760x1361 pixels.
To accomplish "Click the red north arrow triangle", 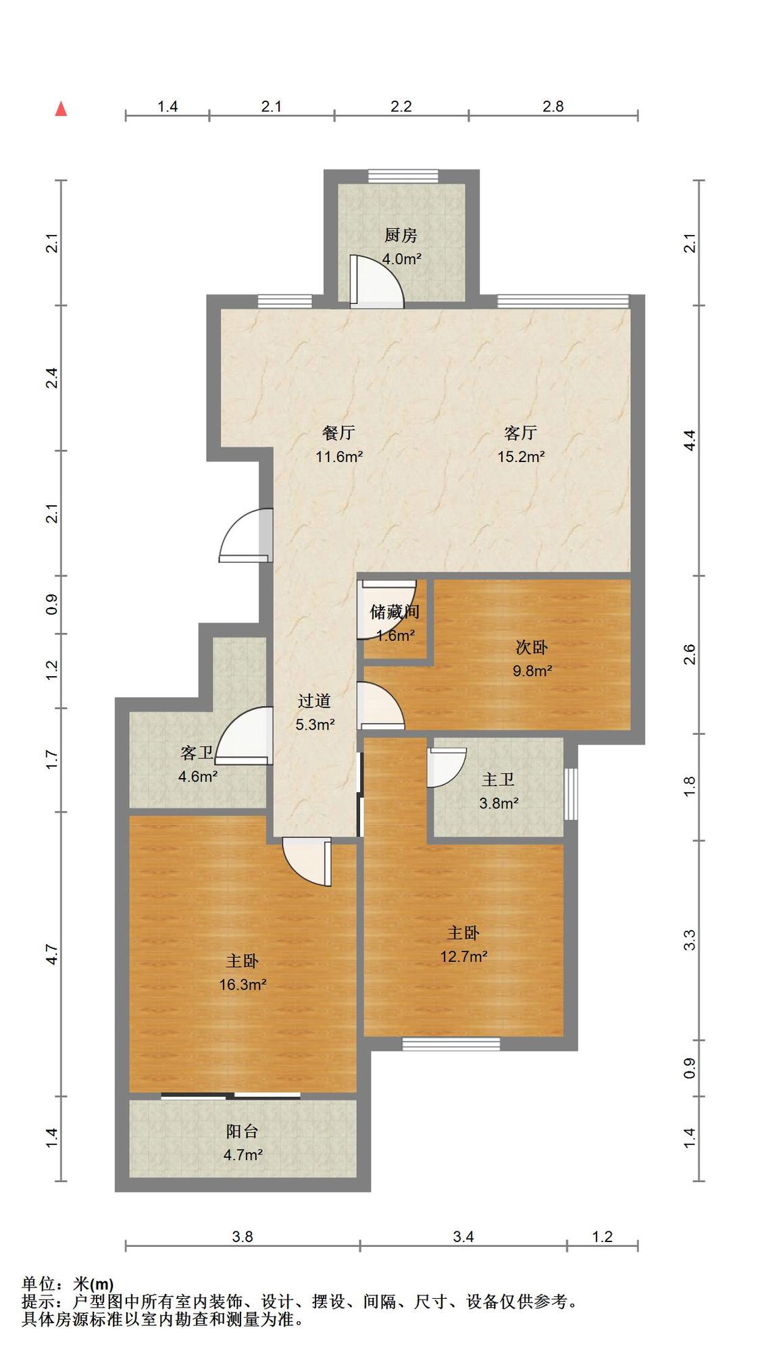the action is tap(61, 109).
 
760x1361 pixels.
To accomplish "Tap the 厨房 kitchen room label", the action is tap(401, 235).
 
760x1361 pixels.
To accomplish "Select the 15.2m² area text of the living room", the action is tap(521, 457).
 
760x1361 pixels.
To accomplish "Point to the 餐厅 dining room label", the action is tap(338, 432).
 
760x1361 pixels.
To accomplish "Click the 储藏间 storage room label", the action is tap(395, 612).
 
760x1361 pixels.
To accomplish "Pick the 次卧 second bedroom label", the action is tap(532, 647).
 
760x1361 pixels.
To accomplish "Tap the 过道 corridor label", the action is tap(315, 701).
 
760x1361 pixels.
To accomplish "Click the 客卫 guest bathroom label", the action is tap(197, 753).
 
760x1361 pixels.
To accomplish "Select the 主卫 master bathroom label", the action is tap(498, 779).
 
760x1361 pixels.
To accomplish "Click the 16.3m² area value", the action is tap(243, 985).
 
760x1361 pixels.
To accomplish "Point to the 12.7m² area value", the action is tap(463, 956).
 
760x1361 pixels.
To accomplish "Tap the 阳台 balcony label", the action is tap(243, 1131).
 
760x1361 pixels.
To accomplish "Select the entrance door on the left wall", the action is tap(246, 535).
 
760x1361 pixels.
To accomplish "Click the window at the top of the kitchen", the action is tap(403, 176).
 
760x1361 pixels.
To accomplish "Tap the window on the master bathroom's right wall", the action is tap(571, 793).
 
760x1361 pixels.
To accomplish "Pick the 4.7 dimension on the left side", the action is tap(52, 954).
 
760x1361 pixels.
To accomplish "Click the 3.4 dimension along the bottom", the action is tap(463, 1236).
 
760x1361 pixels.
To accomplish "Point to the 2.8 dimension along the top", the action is tap(553, 106).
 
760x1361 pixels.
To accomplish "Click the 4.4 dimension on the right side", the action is tap(689, 441).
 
